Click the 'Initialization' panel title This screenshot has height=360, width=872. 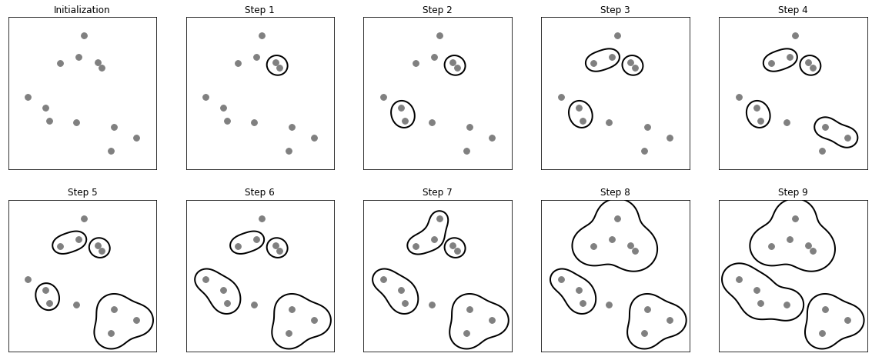[82, 10]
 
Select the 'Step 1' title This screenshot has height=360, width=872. [259, 10]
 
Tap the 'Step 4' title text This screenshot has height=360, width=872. [793, 10]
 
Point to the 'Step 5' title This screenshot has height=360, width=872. [82, 192]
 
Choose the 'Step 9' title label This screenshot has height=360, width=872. [793, 192]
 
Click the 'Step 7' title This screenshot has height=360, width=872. [437, 192]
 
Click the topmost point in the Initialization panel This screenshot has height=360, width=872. [84, 35]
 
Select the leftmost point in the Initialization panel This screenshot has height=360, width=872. [28, 97]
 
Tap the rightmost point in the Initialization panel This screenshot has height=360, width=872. [136, 138]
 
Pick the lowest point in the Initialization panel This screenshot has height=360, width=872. [111, 151]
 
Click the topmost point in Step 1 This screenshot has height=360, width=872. [262, 35]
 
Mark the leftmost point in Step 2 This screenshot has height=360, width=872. [383, 97]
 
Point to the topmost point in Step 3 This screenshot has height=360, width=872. [617, 35]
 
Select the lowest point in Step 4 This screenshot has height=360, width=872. [822, 151]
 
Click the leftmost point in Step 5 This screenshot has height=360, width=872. [28, 279]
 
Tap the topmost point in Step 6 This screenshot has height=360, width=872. [262, 218]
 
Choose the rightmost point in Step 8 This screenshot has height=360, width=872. [670, 320]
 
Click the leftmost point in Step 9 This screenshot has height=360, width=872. [739, 279]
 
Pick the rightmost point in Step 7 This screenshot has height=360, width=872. [492, 320]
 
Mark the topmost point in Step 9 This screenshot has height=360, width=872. [795, 218]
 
